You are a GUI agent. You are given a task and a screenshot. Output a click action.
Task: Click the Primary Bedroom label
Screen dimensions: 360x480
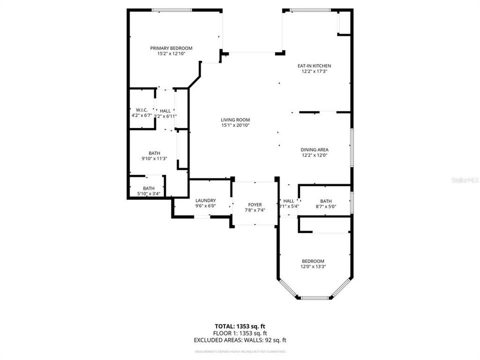[171, 48]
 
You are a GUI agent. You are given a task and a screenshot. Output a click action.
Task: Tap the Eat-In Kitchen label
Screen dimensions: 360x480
[314, 65]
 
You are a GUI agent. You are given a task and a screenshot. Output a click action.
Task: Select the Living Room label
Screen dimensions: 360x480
[235, 119]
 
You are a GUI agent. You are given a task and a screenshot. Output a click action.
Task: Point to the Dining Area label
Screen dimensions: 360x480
[314, 149]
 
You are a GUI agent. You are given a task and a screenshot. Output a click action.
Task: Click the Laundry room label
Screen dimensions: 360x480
[205, 200]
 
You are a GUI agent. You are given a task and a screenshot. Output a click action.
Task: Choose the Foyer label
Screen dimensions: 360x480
[255, 204]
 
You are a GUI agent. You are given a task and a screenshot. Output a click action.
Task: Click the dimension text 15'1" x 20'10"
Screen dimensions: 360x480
[235, 125]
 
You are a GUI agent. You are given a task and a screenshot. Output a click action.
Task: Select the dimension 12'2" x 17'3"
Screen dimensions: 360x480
[314, 71]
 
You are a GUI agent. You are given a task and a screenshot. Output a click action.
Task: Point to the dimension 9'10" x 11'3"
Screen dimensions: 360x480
[154, 158]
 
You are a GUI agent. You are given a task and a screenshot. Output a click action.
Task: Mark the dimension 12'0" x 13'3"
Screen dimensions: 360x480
[313, 266]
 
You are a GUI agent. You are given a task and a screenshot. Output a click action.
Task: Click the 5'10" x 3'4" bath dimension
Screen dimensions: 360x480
[149, 193]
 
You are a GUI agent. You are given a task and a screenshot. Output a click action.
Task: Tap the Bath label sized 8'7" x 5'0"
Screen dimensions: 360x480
[326, 201]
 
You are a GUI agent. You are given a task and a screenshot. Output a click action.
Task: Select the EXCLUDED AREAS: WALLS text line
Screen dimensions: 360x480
[239, 340]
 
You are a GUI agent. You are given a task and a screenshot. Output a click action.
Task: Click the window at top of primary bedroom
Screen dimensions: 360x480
[171, 9]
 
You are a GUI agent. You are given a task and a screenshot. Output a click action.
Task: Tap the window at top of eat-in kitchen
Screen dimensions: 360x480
[310, 9]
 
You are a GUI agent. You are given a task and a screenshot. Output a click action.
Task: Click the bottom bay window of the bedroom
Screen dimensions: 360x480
[314, 298]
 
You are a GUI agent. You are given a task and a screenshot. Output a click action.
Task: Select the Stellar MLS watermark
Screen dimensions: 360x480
[465, 178]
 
